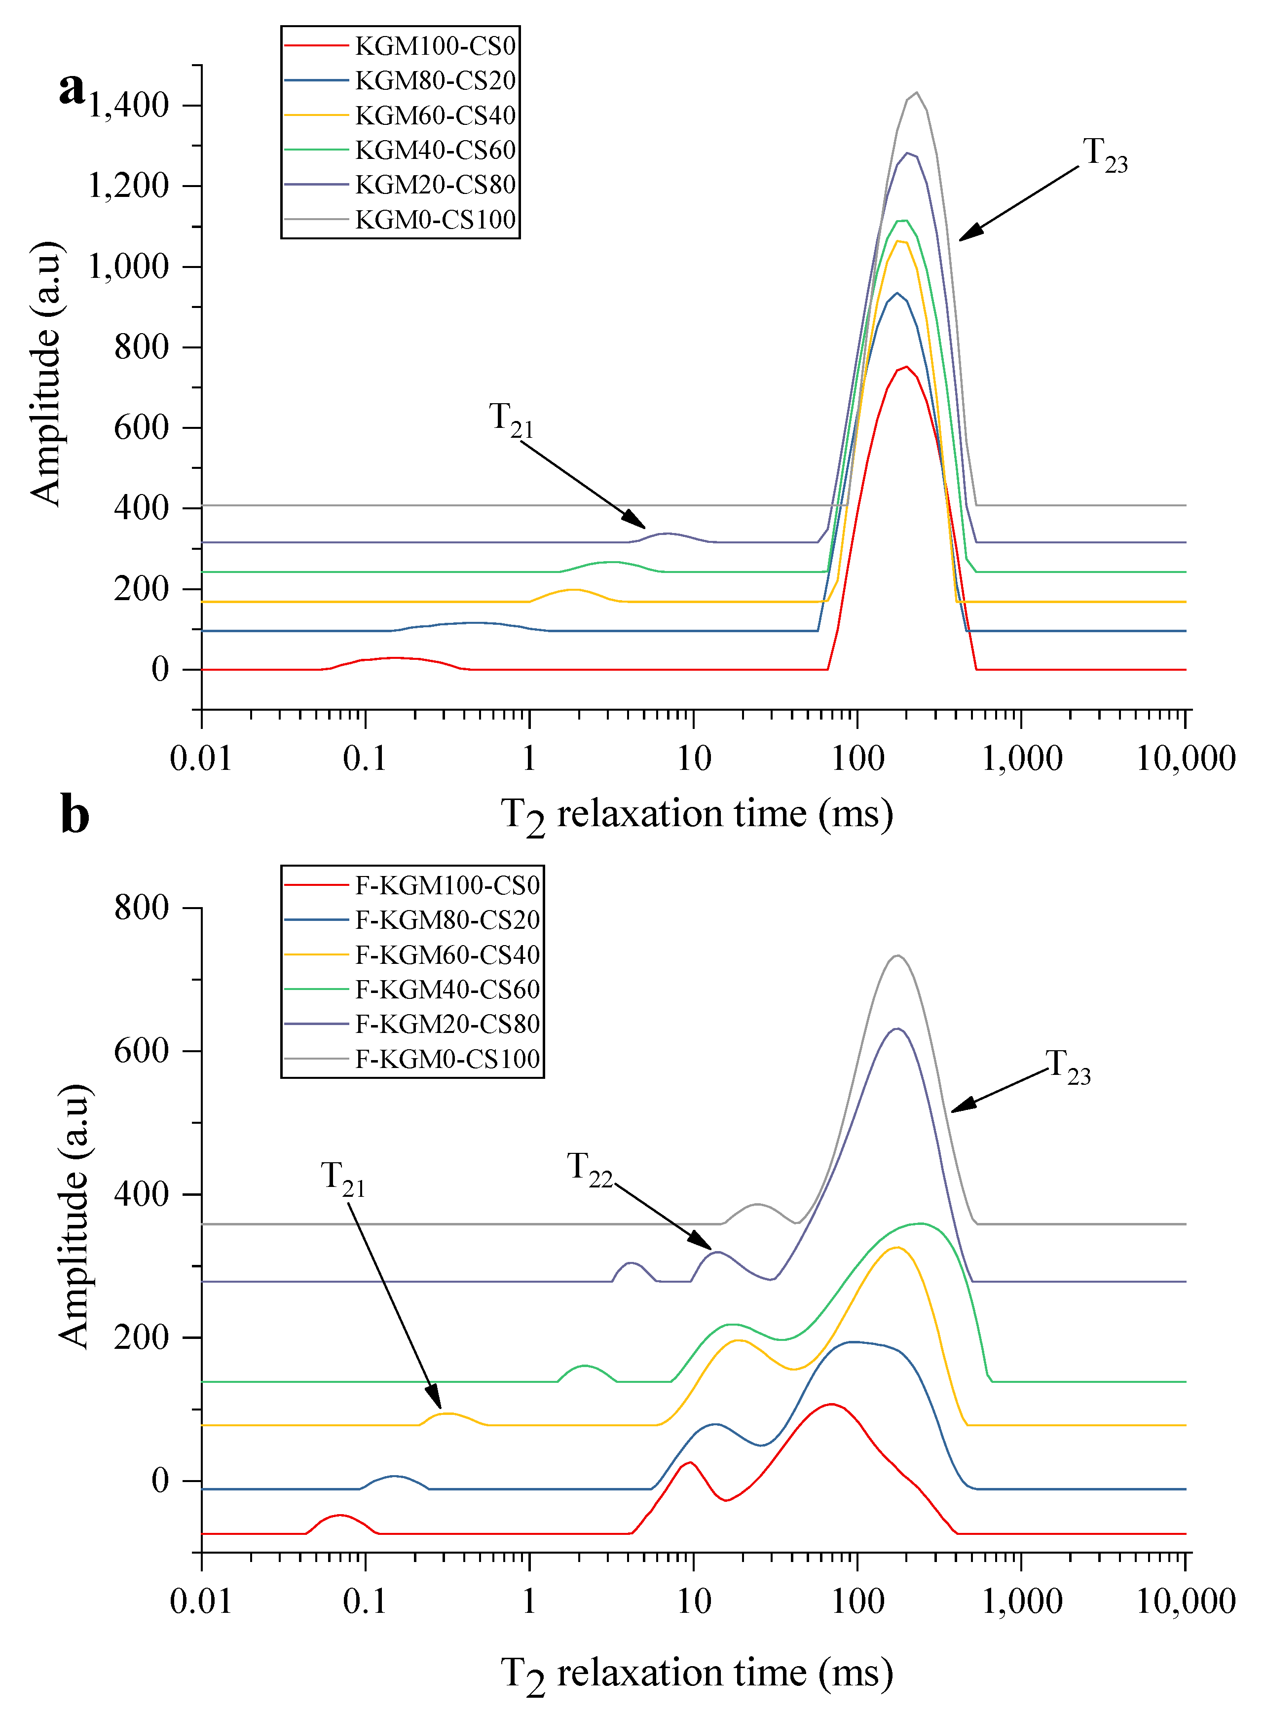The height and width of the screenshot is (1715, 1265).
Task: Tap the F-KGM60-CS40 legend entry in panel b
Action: point(412,955)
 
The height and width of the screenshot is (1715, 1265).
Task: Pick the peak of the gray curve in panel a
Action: point(917,93)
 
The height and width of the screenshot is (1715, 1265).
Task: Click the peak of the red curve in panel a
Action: point(906,367)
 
